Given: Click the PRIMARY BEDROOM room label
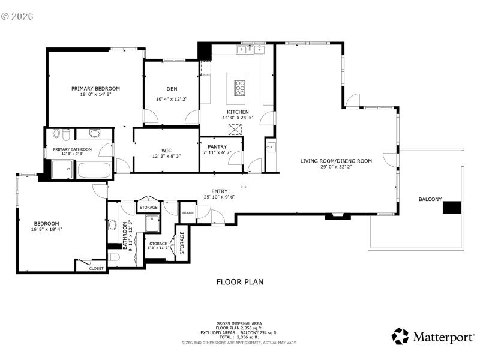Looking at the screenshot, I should tap(95, 88).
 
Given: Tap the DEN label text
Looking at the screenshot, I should tap(172, 89).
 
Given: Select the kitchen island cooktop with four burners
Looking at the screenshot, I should tap(239, 88).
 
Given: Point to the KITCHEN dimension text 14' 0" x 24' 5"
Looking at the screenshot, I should tap(238, 118).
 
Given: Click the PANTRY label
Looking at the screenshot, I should tap(217, 146).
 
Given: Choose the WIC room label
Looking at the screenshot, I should tap(166, 150).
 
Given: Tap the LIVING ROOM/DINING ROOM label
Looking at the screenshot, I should tap(336, 160).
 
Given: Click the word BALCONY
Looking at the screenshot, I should tap(430, 199).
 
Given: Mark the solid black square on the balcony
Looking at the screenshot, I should tap(452, 208).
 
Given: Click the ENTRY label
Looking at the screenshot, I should tap(219, 191).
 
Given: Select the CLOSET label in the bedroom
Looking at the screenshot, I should tap(96, 268).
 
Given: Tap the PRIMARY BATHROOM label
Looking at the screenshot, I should tap(72, 149).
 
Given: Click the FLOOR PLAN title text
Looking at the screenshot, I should tap(239, 281).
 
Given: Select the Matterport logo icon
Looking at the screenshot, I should tap(400, 336).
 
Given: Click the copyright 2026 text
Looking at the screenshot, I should tap(17, 16).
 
